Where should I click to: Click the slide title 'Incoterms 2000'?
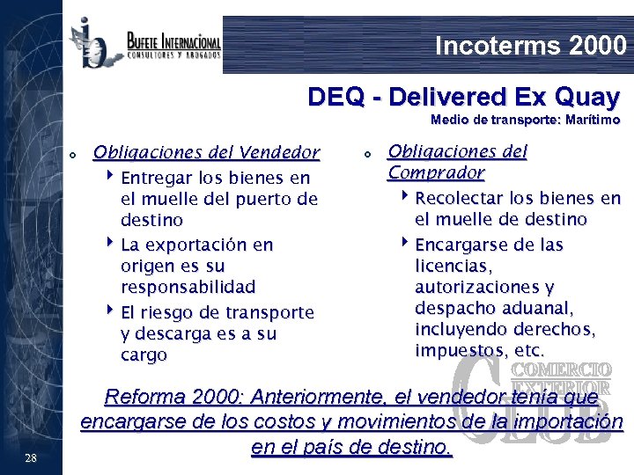(530, 45)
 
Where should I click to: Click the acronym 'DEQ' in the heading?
(334, 96)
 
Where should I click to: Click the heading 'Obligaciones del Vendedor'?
(206, 152)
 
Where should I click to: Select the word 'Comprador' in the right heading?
(437, 172)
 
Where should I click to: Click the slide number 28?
(31, 457)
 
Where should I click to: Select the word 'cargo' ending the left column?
(144, 354)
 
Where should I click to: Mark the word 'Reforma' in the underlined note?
(139, 398)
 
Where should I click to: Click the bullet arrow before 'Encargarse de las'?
(406, 244)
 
